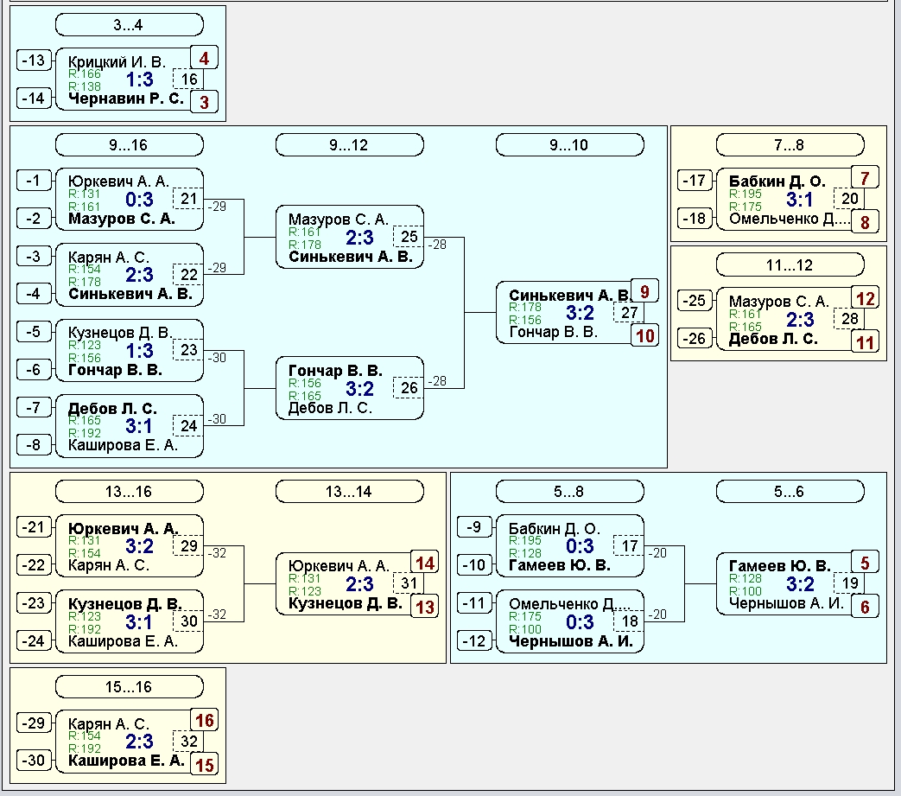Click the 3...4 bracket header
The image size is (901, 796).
[x=130, y=25]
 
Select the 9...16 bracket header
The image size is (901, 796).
[x=130, y=145]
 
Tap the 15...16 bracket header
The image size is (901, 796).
[x=130, y=687]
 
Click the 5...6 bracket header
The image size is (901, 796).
[x=790, y=492]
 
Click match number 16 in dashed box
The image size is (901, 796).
[x=188, y=80]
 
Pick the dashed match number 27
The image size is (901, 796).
[x=629, y=313]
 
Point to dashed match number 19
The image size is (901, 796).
[x=849, y=583]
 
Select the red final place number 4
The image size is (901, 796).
[x=204, y=58]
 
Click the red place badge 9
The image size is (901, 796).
[x=644, y=291]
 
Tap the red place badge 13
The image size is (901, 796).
[x=425, y=607]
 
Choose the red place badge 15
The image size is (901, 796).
[x=204, y=764]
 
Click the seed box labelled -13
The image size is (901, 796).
[x=34, y=60]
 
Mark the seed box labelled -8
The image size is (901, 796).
[x=34, y=445]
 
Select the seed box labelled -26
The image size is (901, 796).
[x=695, y=338]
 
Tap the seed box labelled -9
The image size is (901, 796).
[x=474, y=526]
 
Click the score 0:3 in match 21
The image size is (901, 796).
[x=140, y=200]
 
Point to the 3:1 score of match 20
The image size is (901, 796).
[x=800, y=200]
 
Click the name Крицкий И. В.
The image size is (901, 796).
[x=117, y=62]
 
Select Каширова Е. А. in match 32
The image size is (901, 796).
[x=126, y=761]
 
